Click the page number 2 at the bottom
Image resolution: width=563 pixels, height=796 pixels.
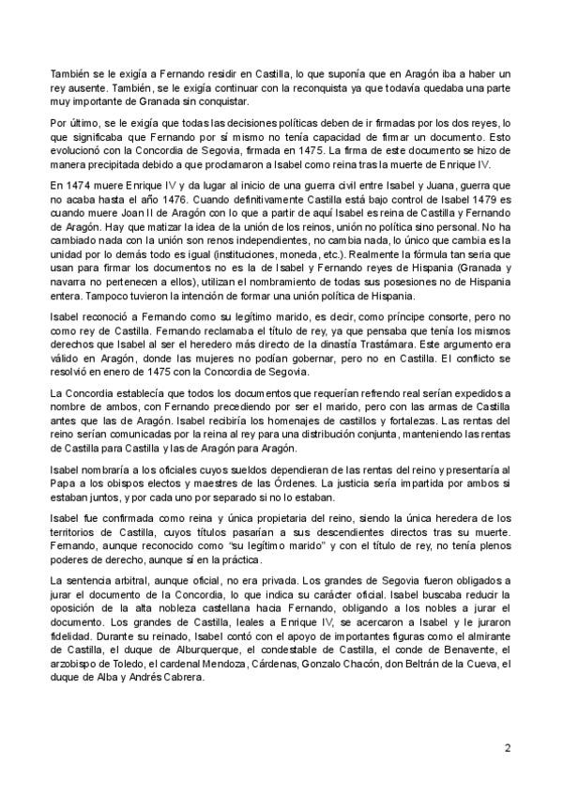pyautogui.click(x=507, y=748)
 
